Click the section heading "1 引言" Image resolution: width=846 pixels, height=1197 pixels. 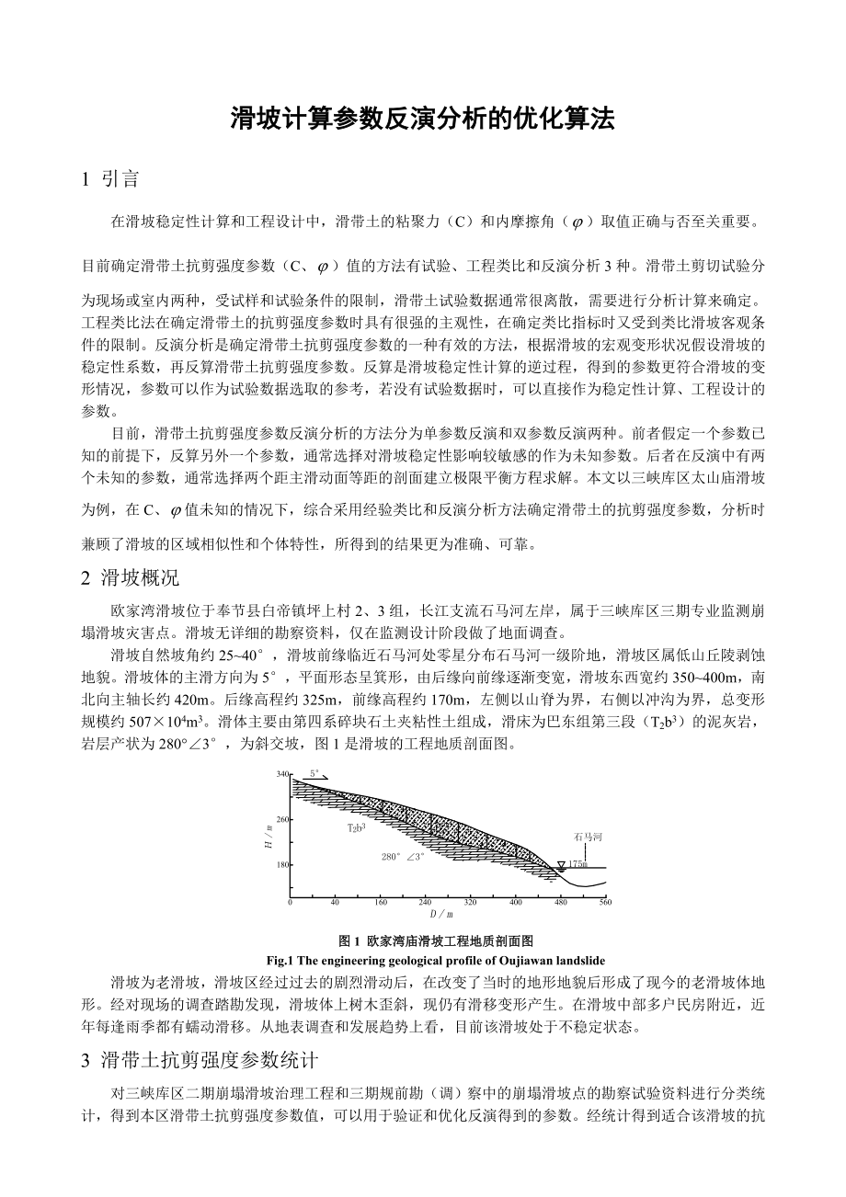tap(110, 179)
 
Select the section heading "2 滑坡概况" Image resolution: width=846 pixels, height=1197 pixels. tap(131, 577)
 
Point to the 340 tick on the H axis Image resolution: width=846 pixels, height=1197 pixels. tap(282, 775)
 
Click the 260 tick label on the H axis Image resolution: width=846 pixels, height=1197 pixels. tap(282, 819)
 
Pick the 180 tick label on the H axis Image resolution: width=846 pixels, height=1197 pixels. tap(282, 865)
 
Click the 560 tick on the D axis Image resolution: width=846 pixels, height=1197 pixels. tap(605, 903)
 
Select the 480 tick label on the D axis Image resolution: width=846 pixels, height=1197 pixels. tap(560, 903)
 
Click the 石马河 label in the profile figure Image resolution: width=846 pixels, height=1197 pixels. tap(588, 838)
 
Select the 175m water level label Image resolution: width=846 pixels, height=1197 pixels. tap(577, 864)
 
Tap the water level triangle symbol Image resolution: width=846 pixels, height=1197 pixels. tap(560, 865)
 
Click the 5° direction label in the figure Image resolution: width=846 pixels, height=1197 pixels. tap(314, 773)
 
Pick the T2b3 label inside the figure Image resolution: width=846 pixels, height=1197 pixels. tap(356, 828)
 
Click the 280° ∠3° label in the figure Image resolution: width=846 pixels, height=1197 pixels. tap(403, 856)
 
